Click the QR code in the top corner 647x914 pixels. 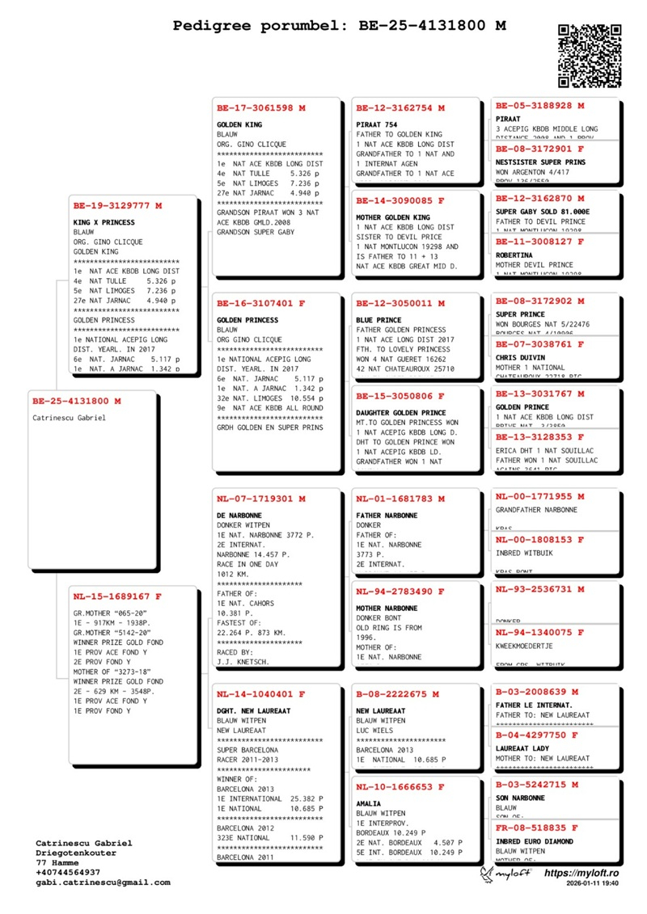tap(590, 55)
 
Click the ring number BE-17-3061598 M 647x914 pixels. tap(261, 107)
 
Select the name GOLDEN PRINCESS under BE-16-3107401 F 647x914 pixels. tap(247, 320)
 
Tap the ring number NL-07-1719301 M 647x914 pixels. tap(261, 499)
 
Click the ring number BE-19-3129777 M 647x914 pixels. tap(118, 206)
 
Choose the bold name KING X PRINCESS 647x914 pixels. tap(104, 222)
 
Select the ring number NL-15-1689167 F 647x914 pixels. tap(118, 596)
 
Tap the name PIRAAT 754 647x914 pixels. tap(377, 124)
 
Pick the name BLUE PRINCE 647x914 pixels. tap(378, 320)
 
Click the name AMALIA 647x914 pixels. tap(370, 803)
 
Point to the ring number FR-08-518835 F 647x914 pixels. tap(537, 828)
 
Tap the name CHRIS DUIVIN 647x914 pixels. tap(522, 356)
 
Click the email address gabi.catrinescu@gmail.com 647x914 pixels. tap(103, 882)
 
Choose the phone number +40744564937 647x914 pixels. tap(68, 872)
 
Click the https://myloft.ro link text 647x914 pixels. tap(581, 874)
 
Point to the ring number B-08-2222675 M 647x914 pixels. tap(397, 694)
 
